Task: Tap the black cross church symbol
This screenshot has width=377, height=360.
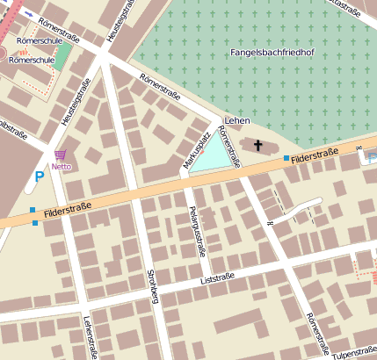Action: (x=258, y=145)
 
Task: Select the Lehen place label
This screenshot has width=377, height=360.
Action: (x=238, y=120)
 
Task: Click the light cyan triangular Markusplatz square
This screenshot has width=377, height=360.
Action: (x=216, y=157)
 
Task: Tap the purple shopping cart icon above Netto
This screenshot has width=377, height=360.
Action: (x=60, y=154)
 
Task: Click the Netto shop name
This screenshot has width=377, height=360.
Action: (x=61, y=165)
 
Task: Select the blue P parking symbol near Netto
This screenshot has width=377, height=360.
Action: (x=39, y=176)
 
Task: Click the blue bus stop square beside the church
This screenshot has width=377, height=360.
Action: (x=286, y=158)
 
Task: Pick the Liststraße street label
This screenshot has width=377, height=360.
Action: (x=218, y=278)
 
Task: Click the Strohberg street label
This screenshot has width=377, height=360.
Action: (x=153, y=286)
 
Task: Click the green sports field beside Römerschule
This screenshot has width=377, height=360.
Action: (x=60, y=58)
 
